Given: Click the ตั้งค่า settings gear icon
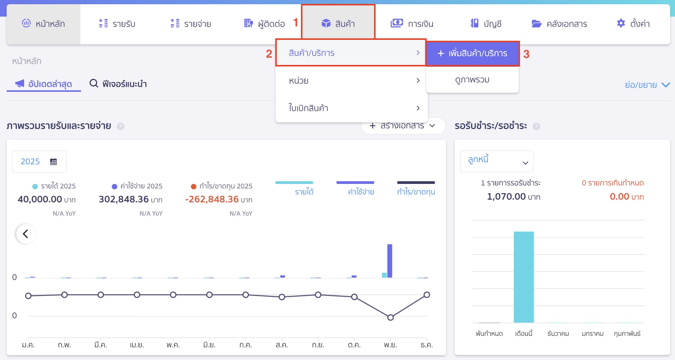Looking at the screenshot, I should pos(621,23).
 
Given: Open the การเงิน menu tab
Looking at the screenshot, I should pos(412,24).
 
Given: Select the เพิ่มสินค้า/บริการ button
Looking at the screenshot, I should pos(473,53).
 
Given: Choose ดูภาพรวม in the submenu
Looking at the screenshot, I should pos(472,80).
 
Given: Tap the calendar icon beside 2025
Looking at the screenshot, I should pos(53,162).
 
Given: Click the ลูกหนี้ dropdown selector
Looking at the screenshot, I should pos(496,161).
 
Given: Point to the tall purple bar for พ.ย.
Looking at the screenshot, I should pos(390,261).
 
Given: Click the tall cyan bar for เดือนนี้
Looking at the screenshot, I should pos(524,277).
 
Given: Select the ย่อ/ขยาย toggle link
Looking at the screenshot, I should pos(647,85).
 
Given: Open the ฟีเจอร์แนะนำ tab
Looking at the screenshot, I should pos(118,84).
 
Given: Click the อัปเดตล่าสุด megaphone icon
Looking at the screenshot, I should pos(20,83).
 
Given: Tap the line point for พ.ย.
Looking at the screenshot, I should pos(390,317).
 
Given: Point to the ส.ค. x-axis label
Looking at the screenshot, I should pos(282,345).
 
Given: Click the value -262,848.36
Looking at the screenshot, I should pos(212,199).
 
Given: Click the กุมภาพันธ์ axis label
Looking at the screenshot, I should pos(627,334).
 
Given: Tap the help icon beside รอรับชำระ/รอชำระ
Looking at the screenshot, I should pos(536,126).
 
